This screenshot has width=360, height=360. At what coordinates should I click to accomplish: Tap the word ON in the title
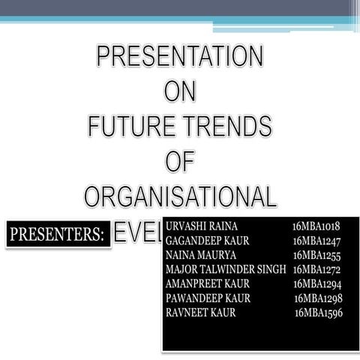pos(180,91)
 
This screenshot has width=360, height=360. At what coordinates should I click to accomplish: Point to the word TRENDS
pos(231,125)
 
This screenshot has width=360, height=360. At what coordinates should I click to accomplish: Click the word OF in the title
pos(180,160)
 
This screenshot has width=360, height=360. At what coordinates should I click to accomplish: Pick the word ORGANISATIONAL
pos(180,196)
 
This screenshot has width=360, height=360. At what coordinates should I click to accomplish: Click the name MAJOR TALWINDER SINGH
pos(226,270)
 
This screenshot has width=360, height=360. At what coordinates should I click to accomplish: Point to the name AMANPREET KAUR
pos(208,284)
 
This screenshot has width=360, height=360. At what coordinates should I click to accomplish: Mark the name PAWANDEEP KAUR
pos(208,298)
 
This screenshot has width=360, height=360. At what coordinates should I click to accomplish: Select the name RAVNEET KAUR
pos(200,313)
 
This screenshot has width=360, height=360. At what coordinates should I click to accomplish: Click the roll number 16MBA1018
pos(316,226)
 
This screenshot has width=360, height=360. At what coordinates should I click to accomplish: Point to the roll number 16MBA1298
pos(318,298)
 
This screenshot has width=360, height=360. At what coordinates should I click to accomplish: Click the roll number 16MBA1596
pos(319,313)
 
